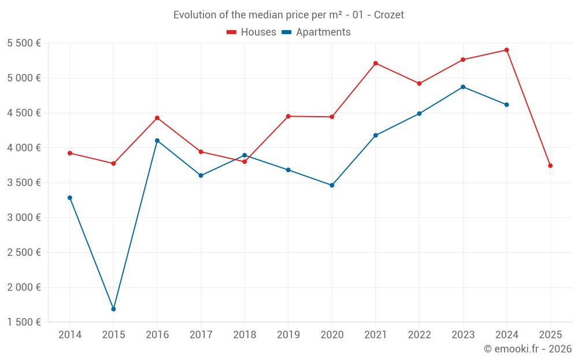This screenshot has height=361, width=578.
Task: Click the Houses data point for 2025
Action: coord(550,166)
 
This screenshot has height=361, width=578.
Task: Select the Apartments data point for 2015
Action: coord(113,309)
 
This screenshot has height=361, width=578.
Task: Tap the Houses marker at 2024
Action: coord(507,50)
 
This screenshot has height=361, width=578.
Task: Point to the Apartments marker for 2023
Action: coord(463,87)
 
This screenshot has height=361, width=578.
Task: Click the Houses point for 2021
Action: coord(376,63)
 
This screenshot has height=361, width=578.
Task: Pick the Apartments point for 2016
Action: coord(157,140)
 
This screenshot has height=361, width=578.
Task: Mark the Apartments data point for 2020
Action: coord(332,185)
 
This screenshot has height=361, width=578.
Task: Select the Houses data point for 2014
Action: coord(70,153)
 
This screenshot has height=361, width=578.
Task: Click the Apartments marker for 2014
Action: coord(70,198)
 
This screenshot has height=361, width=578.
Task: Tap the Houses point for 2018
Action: coord(244,162)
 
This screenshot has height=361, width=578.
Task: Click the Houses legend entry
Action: coord(251,32)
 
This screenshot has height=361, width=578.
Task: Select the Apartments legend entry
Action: coord(316,32)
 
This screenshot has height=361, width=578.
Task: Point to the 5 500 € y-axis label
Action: coord(24,43)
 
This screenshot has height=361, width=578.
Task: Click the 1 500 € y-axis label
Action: coord(24,322)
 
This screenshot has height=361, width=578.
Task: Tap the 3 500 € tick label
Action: coord(24,183)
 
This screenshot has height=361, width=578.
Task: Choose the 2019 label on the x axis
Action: coord(288,335)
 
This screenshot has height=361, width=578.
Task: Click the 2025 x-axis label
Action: coord(550,335)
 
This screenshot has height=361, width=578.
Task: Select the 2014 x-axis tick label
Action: coord(70,335)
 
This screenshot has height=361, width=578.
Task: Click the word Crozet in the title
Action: coord(389,15)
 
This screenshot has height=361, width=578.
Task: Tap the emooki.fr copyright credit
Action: coord(528,349)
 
